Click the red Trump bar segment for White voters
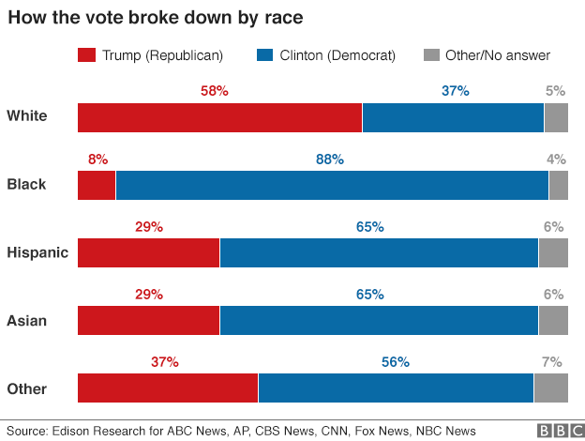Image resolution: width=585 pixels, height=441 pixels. click(x=219, y=117)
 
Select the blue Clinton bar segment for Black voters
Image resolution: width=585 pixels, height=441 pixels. click(x=331, y=185)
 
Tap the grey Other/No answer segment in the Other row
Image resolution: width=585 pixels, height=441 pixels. click(x=550, y=388)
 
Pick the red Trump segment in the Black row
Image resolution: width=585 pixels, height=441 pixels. click(x=97, y=185)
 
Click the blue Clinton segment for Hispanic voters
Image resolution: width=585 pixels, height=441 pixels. click(x=378, y=253)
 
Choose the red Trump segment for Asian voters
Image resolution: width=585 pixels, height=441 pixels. click(x=148, y=320)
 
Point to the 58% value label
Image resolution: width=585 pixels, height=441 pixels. click(x=215, y=92)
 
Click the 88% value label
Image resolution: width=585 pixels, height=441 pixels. click(x=330, y=160)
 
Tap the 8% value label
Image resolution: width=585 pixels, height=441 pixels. click(x=97, y=160)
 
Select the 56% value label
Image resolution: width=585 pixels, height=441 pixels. click(x=395, y=362)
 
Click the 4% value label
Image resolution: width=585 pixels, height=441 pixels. click(x=556, y=160)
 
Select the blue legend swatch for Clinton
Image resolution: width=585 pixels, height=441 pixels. click(x=263, y=56)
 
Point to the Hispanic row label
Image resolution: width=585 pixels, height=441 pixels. click(x=37, y=252)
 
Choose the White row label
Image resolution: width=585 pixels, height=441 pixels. click(x=27, y=116)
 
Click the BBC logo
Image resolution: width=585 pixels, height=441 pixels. click(x=558, y=431)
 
